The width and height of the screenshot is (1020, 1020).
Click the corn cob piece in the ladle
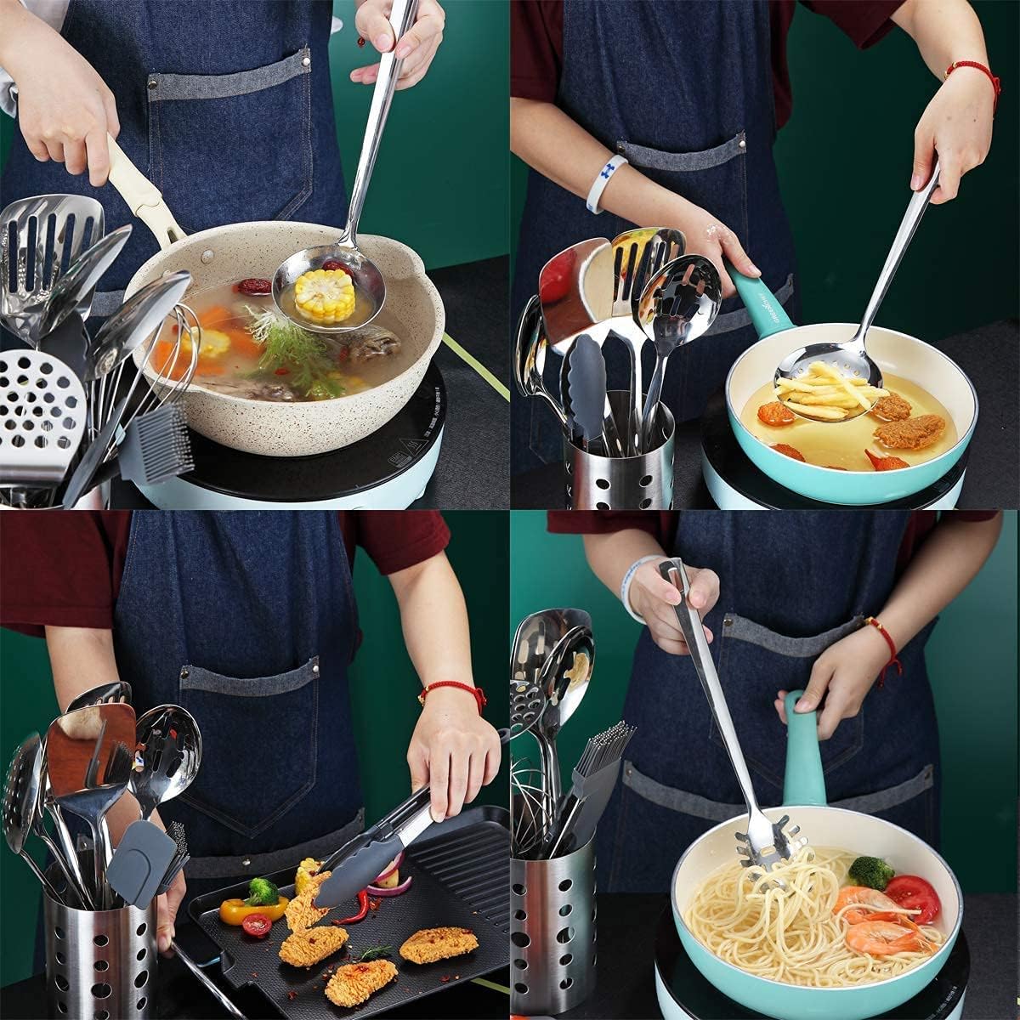(x=324, y=294)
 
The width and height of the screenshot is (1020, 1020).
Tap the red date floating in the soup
(x=253, y=286)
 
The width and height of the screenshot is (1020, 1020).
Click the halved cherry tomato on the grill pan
(x=256, y=925)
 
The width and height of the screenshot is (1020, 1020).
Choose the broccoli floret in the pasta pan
(x=870, y=872)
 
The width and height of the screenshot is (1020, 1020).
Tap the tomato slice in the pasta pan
(x=913, y=898)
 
